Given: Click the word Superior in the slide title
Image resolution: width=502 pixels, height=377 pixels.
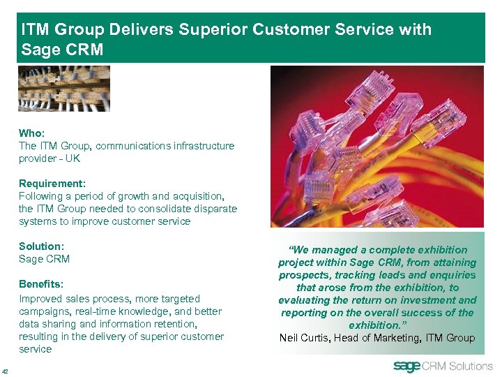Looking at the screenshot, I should coord(212,30).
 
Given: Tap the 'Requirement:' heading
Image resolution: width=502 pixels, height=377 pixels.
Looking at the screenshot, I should coord(52,184).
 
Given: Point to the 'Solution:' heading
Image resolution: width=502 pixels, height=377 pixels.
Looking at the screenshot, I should coord(41,246).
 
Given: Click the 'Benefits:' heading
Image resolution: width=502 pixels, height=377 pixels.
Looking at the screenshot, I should coord(41,285).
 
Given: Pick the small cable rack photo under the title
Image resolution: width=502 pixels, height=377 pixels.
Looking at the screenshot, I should coord(64,89).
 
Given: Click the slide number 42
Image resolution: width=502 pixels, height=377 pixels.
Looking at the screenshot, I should coord(6,371).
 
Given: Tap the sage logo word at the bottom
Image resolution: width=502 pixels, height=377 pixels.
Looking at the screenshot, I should coord(407,367).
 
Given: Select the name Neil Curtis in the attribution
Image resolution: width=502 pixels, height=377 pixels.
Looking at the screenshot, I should coord(305,338).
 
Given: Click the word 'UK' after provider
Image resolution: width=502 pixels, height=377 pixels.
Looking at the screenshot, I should coord(73,158).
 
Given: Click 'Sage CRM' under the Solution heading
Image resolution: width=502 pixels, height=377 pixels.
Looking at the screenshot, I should coord(44,259).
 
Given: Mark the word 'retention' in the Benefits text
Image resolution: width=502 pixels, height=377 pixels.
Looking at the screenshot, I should coord(177,324).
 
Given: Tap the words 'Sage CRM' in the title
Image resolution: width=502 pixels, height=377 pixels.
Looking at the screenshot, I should coord(62,50).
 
